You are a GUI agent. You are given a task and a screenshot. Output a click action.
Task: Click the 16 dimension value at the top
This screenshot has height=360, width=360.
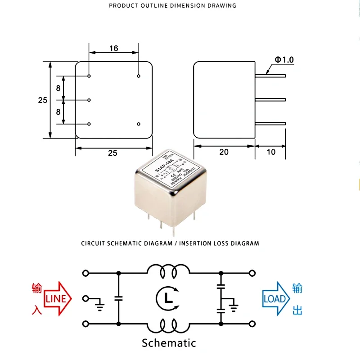click(x=114, y=48)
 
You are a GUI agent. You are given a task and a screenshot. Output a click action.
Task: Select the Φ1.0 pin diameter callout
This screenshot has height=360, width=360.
click(x=284, y=60)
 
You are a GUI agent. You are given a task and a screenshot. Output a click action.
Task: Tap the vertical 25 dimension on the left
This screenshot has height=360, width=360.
click(x=43, y=100)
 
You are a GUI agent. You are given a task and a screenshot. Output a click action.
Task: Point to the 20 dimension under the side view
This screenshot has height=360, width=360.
click(x=224, y=152)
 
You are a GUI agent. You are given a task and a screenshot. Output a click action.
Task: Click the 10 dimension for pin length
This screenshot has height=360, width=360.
click(x=271, y=152)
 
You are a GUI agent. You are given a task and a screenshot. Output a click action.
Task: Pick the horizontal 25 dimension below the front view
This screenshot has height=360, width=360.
click(x=112, y=153)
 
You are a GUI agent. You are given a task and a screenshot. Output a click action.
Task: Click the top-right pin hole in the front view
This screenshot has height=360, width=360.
click(x=139, y=76)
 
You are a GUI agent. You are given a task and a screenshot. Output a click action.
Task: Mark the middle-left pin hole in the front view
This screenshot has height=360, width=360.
click(x=90, y=100)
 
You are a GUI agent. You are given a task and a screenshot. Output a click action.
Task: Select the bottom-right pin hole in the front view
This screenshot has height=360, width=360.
click(x=139, y=124)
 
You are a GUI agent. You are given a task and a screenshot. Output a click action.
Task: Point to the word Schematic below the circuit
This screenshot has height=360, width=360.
click(x=169, y=343)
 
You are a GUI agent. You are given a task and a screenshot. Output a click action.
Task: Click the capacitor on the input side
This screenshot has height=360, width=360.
click(x=118, y=298)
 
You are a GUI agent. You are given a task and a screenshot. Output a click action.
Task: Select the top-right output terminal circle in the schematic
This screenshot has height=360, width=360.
click(x=252, y=273)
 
